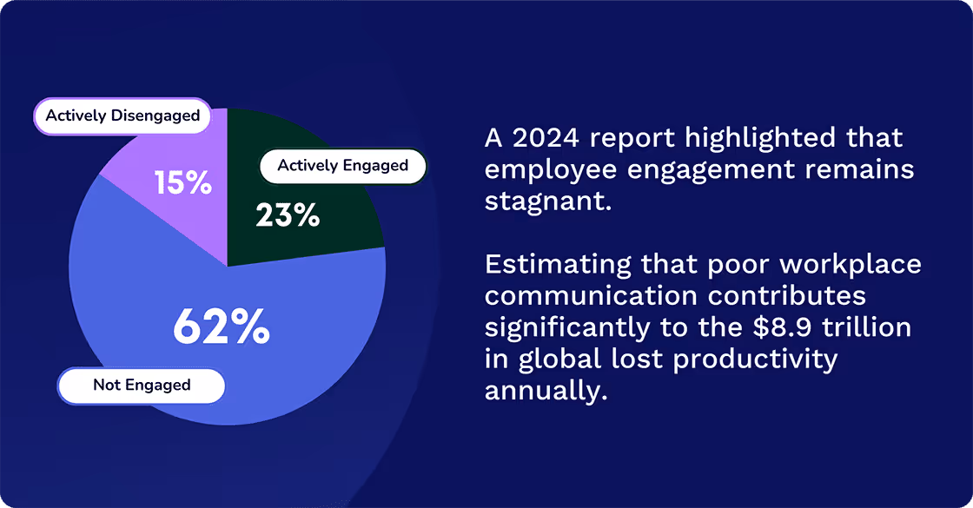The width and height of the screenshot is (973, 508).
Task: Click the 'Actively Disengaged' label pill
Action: [x=122, y=115]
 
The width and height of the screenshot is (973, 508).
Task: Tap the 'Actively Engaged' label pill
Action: [x=342, y=165]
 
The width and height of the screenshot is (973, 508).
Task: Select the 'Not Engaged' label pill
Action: [x=142, y=385]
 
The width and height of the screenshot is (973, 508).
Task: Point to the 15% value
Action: [x=182, y=183]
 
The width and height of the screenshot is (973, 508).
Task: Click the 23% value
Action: [x=288, y=215]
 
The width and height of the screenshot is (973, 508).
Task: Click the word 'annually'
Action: [x=542, y=391]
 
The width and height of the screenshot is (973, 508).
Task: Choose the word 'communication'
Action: [x=592, y=295]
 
